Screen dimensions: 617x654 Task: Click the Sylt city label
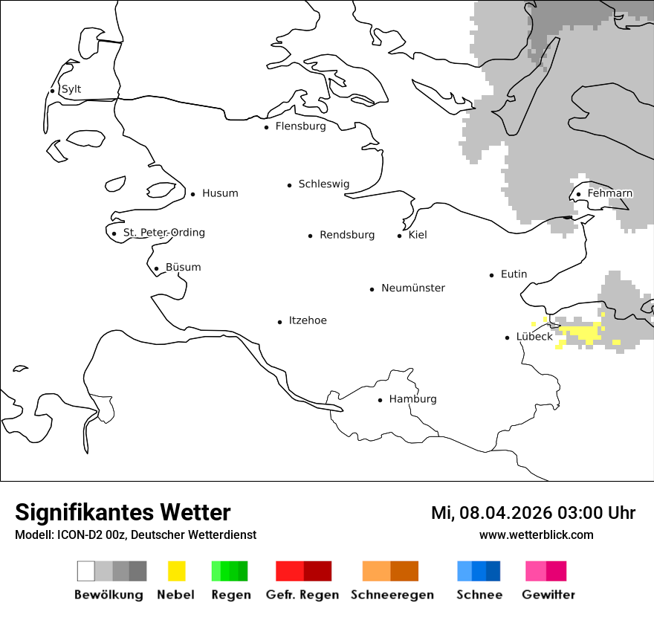tap(71, 90)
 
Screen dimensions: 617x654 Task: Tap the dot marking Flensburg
tap(266, 127)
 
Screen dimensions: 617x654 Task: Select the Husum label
tap(220, 194)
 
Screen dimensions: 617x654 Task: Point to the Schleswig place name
tap(323, 184)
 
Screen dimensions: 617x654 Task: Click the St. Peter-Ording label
tap(163, 233)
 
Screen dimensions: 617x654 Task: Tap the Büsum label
tap(183, 268)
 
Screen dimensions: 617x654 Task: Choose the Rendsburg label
tap(346, 236)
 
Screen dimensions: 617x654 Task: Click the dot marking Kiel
tap(399, 236)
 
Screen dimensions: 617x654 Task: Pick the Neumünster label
tap(412, 288)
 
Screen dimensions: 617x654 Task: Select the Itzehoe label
tap(307, 321)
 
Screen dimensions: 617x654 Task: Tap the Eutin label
tap(514, 274)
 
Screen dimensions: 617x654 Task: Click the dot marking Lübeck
tap(507, 337)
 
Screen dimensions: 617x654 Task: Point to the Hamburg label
tap(412, 399)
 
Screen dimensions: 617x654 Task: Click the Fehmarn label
tap(609, 194)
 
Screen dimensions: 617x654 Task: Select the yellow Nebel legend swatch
tap(176, 571)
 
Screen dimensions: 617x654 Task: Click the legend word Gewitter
tap(548, 595)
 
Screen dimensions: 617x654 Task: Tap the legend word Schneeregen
tap(392, 595)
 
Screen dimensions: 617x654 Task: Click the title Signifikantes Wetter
tap(123, 513)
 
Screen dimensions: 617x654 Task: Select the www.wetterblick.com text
tap(536, 535)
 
